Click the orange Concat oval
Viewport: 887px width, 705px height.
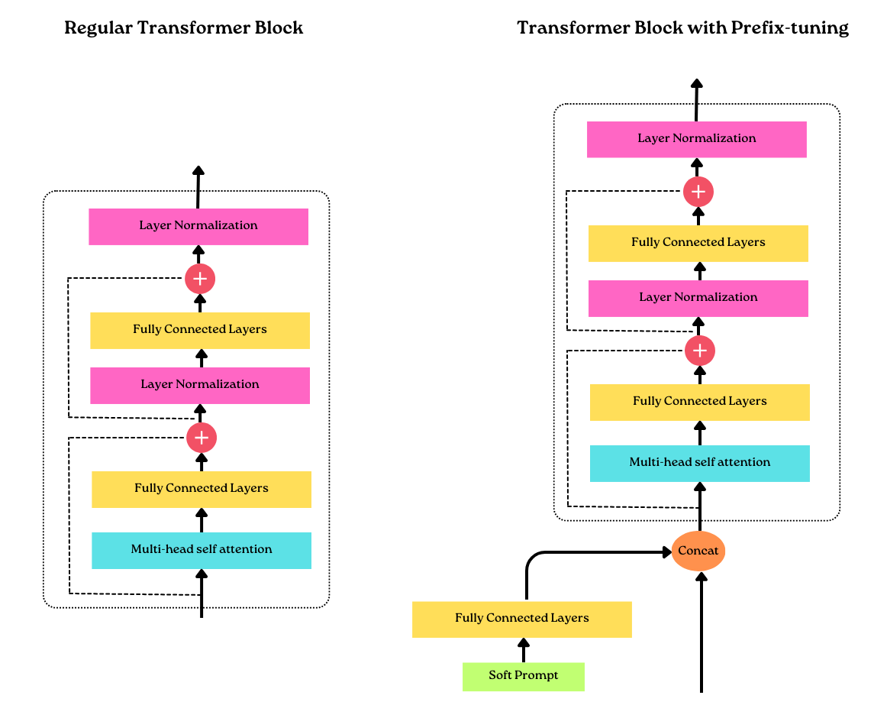point(698,551)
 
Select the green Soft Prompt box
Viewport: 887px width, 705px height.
point(524,676)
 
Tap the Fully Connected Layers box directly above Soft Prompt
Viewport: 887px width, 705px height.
point(522,619)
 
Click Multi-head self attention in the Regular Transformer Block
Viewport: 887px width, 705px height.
point(202,550)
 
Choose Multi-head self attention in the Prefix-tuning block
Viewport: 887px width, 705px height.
point(699,463)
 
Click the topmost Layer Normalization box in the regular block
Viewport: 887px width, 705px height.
point(198,226)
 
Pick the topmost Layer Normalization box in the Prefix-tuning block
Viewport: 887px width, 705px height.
point(696,139)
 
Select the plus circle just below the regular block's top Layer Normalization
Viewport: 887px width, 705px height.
point(200,279)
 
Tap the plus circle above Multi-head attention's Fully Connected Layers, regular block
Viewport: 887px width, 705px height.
point(202,438)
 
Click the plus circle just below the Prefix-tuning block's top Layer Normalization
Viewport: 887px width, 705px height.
point(698,192)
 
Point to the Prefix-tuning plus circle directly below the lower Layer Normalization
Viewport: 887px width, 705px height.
point(699,351)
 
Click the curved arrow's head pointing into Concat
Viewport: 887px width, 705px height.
point(666,551)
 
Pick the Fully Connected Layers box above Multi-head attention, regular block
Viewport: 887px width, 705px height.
point(202,489)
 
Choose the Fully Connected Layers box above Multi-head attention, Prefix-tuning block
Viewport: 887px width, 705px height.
point(699,402)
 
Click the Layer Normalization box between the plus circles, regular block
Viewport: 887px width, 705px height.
point(200,385)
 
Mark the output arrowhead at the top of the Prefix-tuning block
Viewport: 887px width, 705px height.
point(696,84)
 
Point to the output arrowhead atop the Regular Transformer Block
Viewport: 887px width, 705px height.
point(198,171)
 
